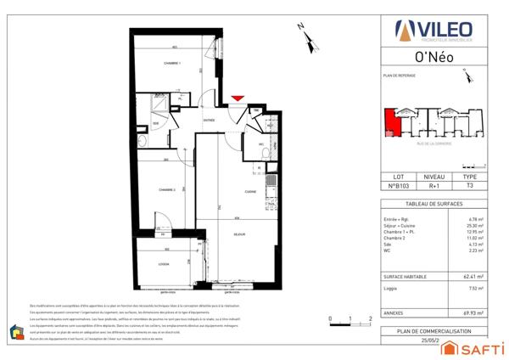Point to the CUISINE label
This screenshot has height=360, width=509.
251,193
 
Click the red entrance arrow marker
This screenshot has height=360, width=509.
237,100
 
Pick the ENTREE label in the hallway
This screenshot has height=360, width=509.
209,121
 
